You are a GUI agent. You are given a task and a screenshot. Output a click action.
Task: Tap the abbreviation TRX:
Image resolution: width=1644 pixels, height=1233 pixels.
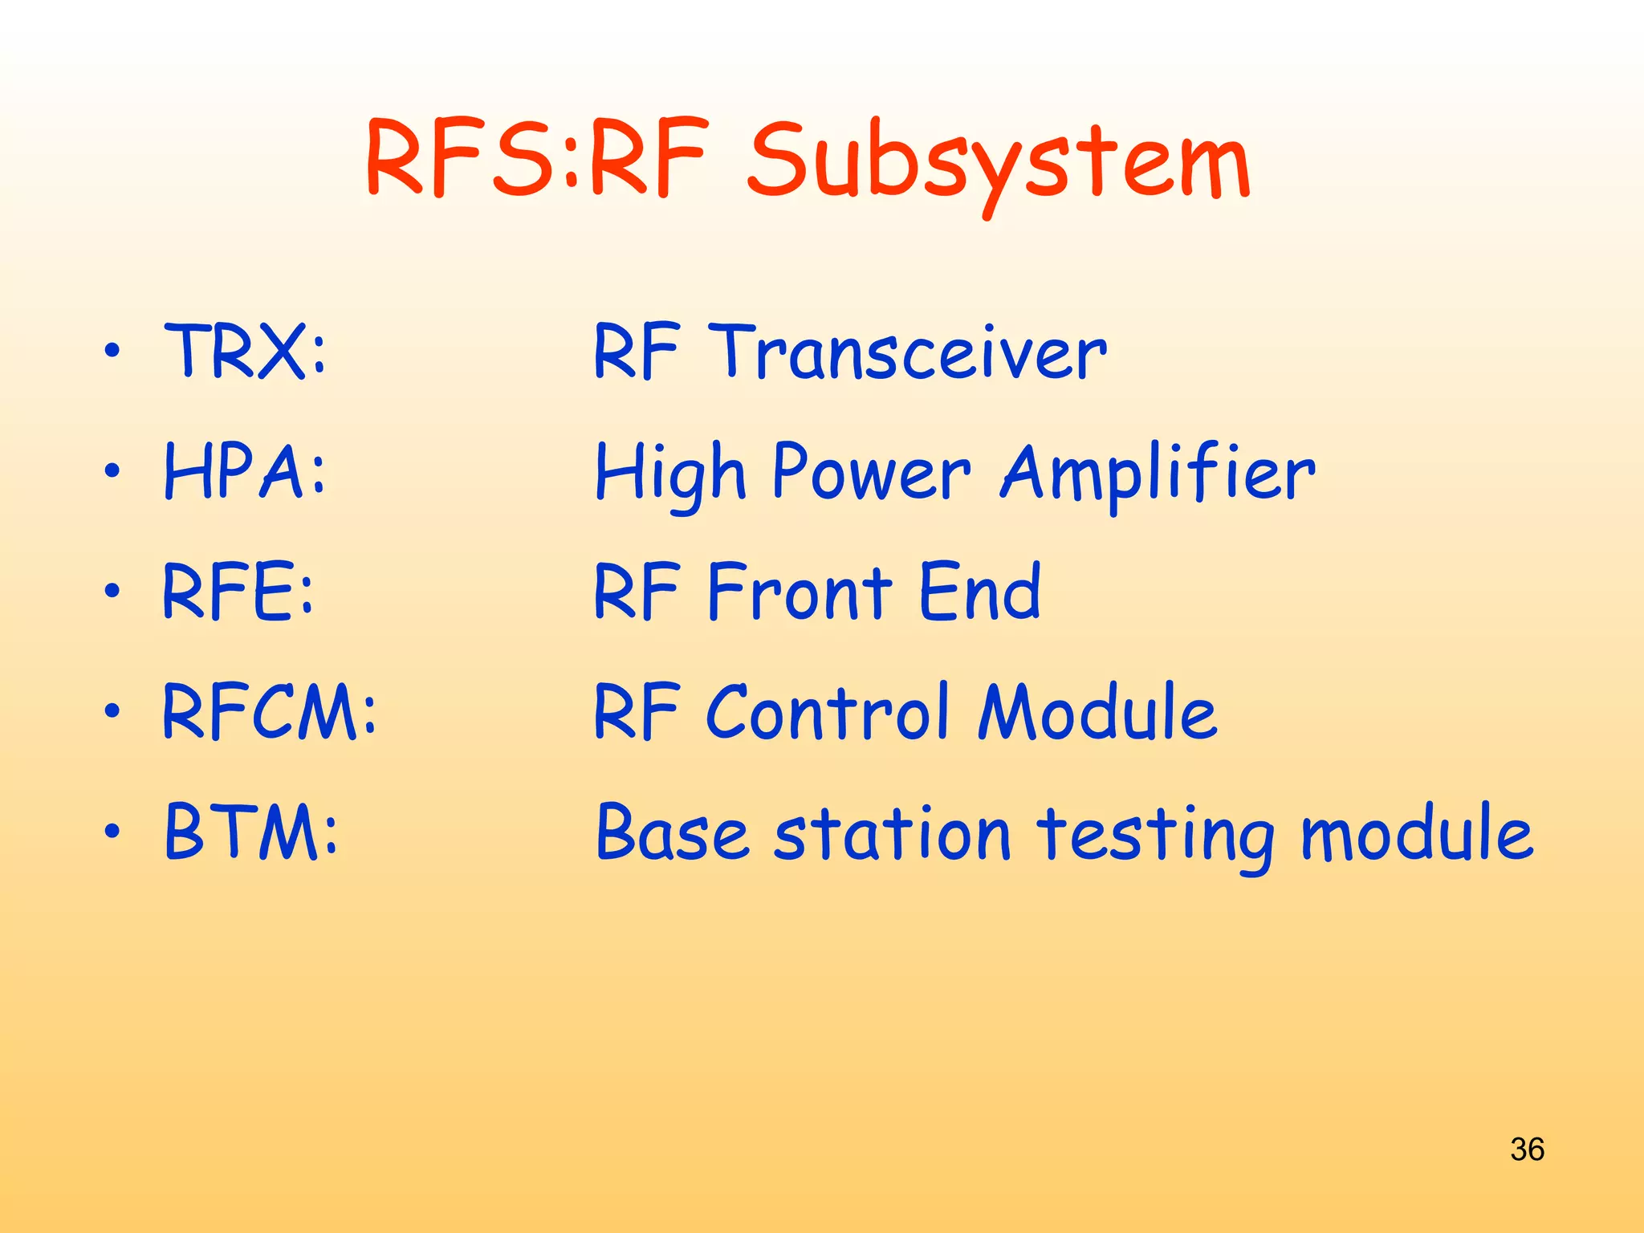[246, 351]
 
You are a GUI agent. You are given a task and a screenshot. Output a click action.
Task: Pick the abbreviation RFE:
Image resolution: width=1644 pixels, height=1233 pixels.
[238, 592]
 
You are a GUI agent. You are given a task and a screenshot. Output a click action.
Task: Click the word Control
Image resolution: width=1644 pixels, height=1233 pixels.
[828, 712]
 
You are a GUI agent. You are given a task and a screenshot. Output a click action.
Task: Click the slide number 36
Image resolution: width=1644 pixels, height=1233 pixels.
[1526, 1149]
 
